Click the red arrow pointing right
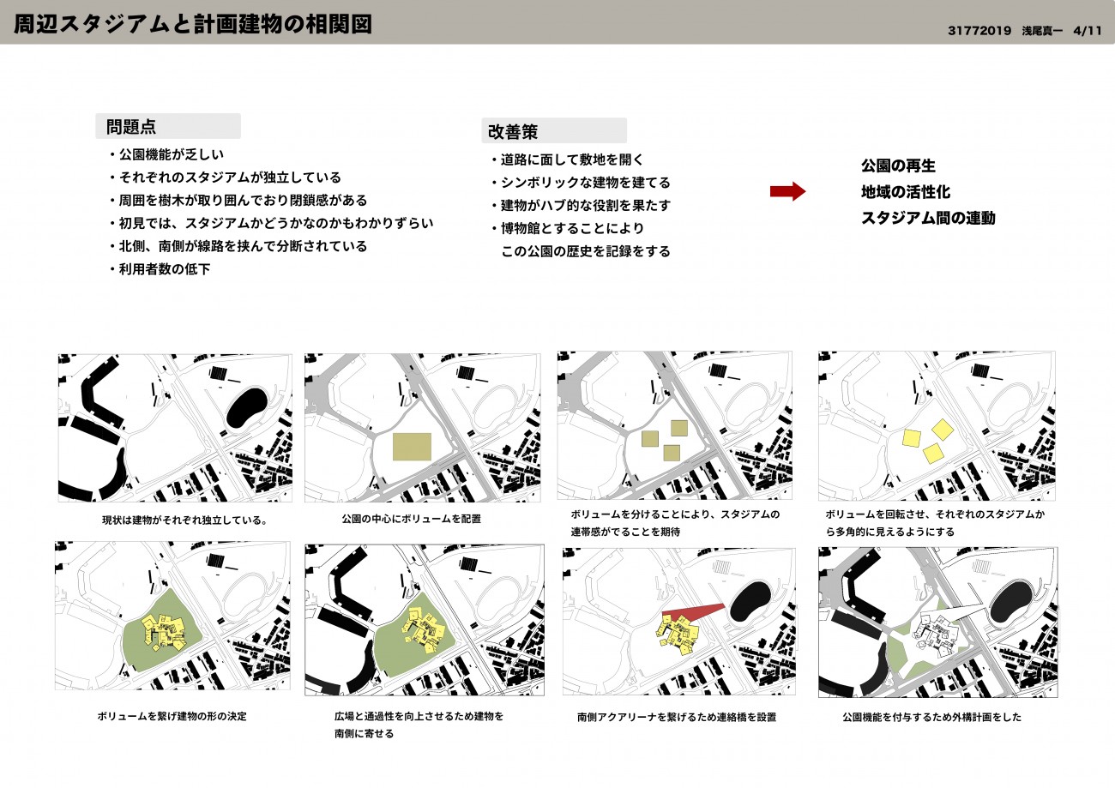click(787, 191)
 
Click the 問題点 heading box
click(168, 126)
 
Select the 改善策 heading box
click(554, 131)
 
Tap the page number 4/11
click(1088, 31)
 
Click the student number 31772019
click(979, 31)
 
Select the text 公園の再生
click(898, 165)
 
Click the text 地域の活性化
click(906, 191)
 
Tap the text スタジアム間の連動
click(928, 218)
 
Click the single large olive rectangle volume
click(412, 447)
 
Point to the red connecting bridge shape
click(693, 615)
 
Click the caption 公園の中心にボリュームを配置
click(411, 519)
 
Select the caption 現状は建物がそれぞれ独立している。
click(184, 520)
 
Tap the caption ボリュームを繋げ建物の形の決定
click(172, 716)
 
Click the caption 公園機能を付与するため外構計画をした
click(931, 717)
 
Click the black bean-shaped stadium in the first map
click(247, 407)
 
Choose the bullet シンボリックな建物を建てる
click(581, 183)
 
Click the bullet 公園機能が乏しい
click(166, 154)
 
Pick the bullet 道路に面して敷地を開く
click(567, 159)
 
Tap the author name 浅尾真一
click(1042, 31)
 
